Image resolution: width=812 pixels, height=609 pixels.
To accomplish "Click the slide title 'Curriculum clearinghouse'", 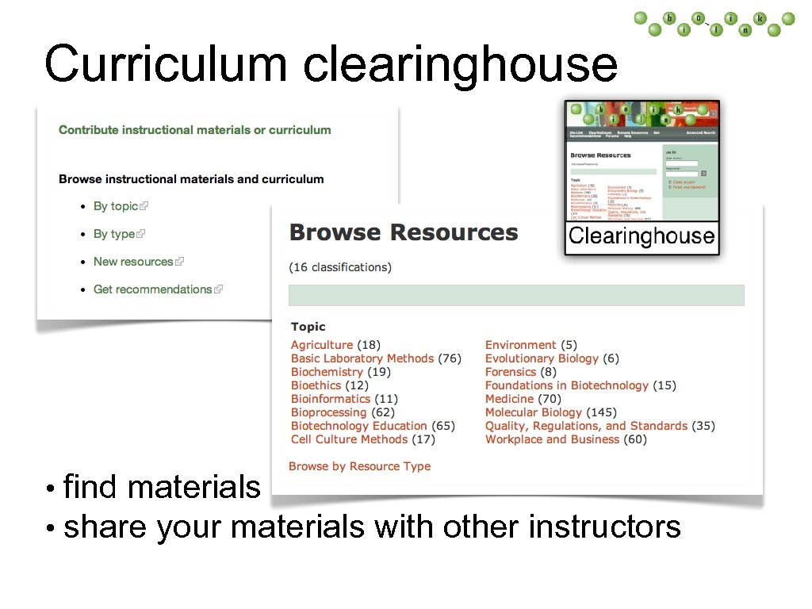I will coord(330,63).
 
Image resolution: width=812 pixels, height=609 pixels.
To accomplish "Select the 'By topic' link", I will coord(116,206).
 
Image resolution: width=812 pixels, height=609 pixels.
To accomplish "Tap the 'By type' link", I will coord(114,234).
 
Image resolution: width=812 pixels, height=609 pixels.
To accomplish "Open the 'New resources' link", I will coord(133,262).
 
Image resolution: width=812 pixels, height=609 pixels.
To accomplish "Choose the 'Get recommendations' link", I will coord(152,289).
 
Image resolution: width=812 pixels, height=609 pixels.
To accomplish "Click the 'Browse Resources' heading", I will coord(404,232).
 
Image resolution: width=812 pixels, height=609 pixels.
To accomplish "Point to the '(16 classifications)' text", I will coord(340,267).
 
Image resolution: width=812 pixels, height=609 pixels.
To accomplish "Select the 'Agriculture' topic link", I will coord(321,345).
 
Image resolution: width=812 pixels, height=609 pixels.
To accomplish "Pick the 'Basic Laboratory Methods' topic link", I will coord(362,358).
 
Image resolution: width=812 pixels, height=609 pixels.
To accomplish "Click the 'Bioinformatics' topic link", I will coord(330,399).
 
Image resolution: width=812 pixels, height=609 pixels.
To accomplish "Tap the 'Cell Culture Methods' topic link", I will coord(349,439).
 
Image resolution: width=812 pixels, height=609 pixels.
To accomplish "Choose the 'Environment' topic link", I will coord(520,345).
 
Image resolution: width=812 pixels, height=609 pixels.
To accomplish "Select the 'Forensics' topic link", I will coord(510,372).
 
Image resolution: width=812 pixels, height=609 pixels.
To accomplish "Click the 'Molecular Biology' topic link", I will coord(533,412).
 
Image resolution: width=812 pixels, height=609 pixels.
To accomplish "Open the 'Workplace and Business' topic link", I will coord(552,439).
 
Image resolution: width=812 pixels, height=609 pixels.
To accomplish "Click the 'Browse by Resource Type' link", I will coord(359,466).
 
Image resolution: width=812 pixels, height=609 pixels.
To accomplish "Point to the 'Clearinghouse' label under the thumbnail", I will coord(642,236).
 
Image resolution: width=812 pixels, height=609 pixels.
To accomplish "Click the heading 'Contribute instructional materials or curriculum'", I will coord(195,130).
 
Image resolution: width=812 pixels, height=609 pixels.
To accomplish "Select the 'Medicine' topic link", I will coord(509,399).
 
